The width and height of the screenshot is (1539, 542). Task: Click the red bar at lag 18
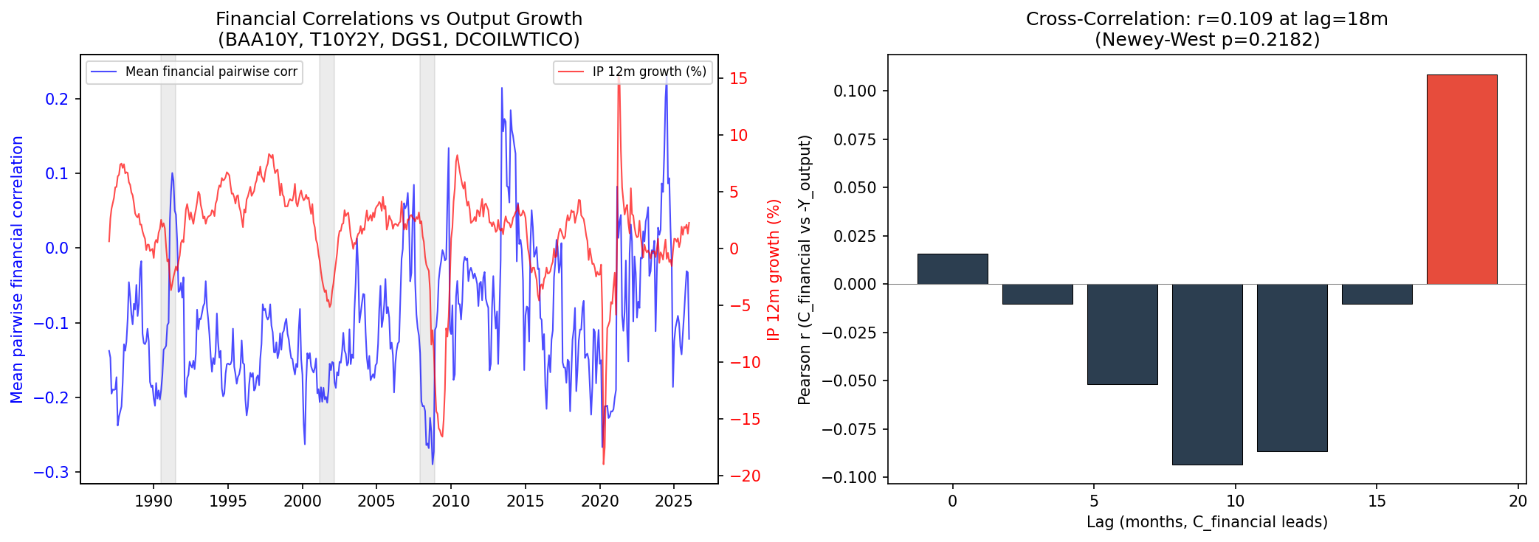(x=1461, y=179)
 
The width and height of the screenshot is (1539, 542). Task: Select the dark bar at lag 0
(x=952, y=269)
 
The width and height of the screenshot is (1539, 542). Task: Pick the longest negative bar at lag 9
(x=1207, y=374)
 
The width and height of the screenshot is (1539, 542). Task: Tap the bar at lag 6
(x=1122, y=334)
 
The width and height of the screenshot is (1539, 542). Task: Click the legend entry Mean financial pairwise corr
(x=211, y=72)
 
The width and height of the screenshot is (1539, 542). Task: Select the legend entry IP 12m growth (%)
(x=649, y=72)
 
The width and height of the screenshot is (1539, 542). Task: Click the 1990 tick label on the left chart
(x=154, y=501)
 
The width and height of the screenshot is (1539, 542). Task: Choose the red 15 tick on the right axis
(x=738, y=78)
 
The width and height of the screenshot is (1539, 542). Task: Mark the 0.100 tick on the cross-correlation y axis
(x=855, y=91)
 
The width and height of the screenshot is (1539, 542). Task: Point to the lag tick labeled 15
(x=1376, y=501)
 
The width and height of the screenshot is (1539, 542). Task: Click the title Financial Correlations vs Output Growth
(x=399, y=19)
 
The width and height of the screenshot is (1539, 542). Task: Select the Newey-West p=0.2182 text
(x=1207, y=40)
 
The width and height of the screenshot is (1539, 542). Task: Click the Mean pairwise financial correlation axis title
(x=17, y=269)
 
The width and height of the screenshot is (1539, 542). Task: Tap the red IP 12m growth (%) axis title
(x=774, y=269)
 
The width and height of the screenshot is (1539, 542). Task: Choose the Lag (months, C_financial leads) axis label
(x=1207, y=522)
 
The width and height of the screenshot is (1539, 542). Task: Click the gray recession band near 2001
(x=327, y=269)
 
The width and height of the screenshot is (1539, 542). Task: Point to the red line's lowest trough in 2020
(x=604, y=464)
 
